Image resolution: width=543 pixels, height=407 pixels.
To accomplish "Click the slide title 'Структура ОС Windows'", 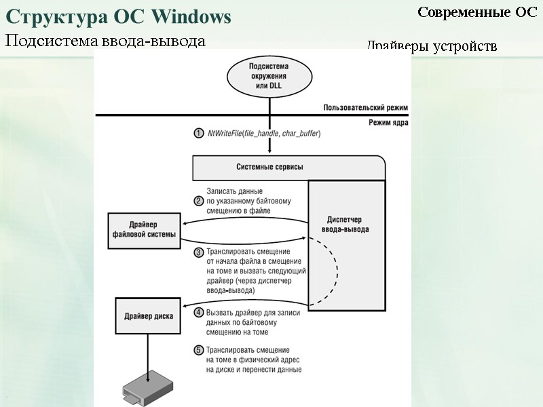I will coord(118,16).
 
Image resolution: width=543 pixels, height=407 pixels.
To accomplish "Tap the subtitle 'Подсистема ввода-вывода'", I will coord(105,41).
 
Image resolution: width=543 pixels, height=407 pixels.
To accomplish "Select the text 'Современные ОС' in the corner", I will coord(477,12).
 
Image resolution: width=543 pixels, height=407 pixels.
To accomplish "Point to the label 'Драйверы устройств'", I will coord(432,46).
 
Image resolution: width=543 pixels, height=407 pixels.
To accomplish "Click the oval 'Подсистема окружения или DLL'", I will coord(269,77).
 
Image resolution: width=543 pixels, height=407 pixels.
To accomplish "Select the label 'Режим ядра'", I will coord(386,123).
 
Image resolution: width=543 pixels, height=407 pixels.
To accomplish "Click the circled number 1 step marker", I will coord(199,133).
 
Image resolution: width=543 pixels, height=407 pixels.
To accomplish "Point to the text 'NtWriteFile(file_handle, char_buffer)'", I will coord(264,134).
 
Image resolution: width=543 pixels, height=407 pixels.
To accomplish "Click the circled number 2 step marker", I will coord(199,201).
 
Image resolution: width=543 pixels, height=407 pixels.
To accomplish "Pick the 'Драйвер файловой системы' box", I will coord(144,229).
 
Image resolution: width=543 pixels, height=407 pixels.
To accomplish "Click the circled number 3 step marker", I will coord(199,252).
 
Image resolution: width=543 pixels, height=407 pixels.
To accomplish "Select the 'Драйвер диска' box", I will coord(149,316).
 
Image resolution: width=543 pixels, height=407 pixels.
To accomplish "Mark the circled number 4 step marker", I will coord(199,313).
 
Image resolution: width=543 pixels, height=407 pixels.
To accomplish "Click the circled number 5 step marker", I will coord(199,350).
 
